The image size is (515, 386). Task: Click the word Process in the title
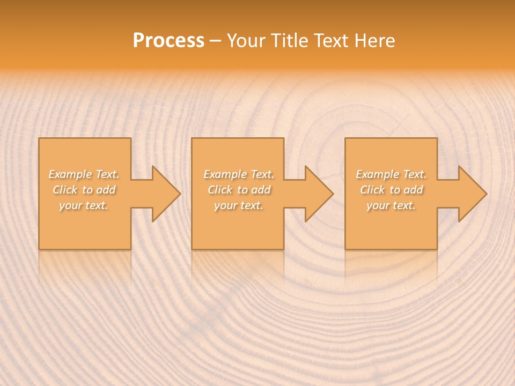[x=168, y=41]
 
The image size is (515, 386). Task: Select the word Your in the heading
[x=246, y=41]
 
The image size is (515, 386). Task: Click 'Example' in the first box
[x=70, y=174]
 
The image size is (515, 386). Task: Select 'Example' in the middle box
[x=225, y=174]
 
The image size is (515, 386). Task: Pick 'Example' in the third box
[x=377, y=174]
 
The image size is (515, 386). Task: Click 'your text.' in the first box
[x=84, y=205]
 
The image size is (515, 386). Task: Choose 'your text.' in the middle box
[x=239, y=205]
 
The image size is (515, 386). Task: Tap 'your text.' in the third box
[x=391, y=205]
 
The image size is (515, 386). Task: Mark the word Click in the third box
[x=372, y=190]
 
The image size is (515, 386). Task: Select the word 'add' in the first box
[x=106, y=190]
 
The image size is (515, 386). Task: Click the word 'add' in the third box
[x=414, y=190]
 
